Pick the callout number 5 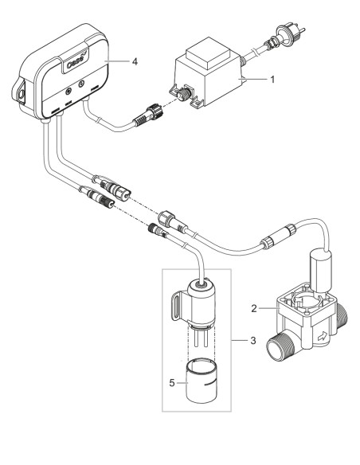(172, 381)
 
